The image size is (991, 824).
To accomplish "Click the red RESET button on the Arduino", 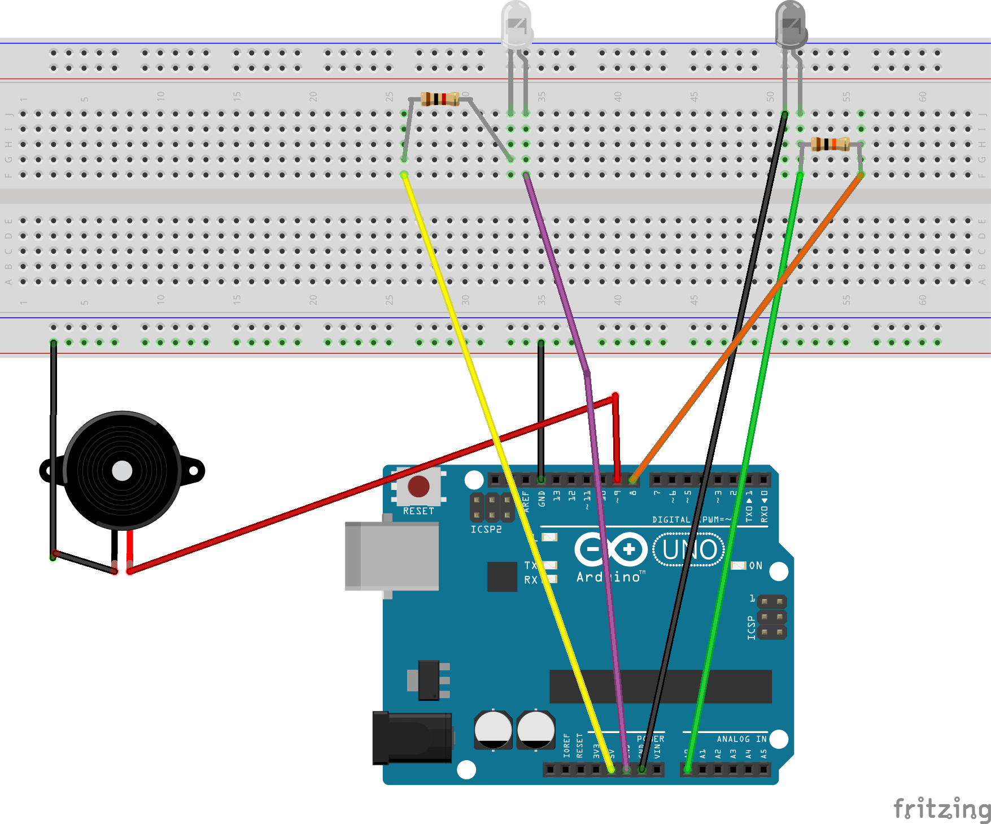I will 418,486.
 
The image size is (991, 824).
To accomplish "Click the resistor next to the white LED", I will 440,99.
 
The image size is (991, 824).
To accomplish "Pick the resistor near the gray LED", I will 830,144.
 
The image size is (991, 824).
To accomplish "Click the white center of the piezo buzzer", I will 122,470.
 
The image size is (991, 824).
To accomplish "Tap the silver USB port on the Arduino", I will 392,556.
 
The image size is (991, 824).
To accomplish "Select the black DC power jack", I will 411,738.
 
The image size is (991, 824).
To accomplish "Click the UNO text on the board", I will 689,550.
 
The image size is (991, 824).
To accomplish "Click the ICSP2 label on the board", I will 486,530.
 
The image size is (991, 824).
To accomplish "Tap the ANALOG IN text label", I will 741,739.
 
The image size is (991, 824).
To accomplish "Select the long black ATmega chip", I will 660,686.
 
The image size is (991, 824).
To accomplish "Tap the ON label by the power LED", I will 756,566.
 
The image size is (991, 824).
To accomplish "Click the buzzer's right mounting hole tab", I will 194,470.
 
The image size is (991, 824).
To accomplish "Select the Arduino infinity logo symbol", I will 610,549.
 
